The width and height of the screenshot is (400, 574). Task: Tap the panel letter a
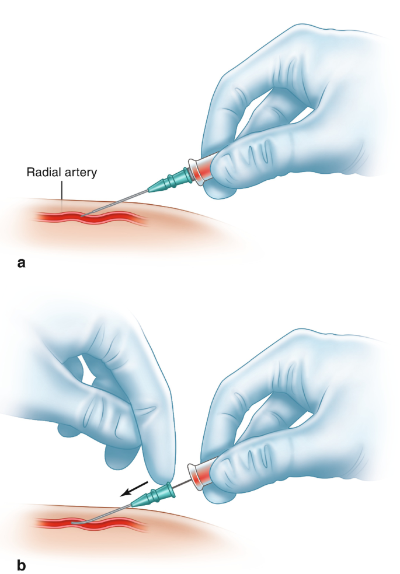[x=22, y=263]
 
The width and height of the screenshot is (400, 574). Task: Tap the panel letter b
[x=22, y=565]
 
